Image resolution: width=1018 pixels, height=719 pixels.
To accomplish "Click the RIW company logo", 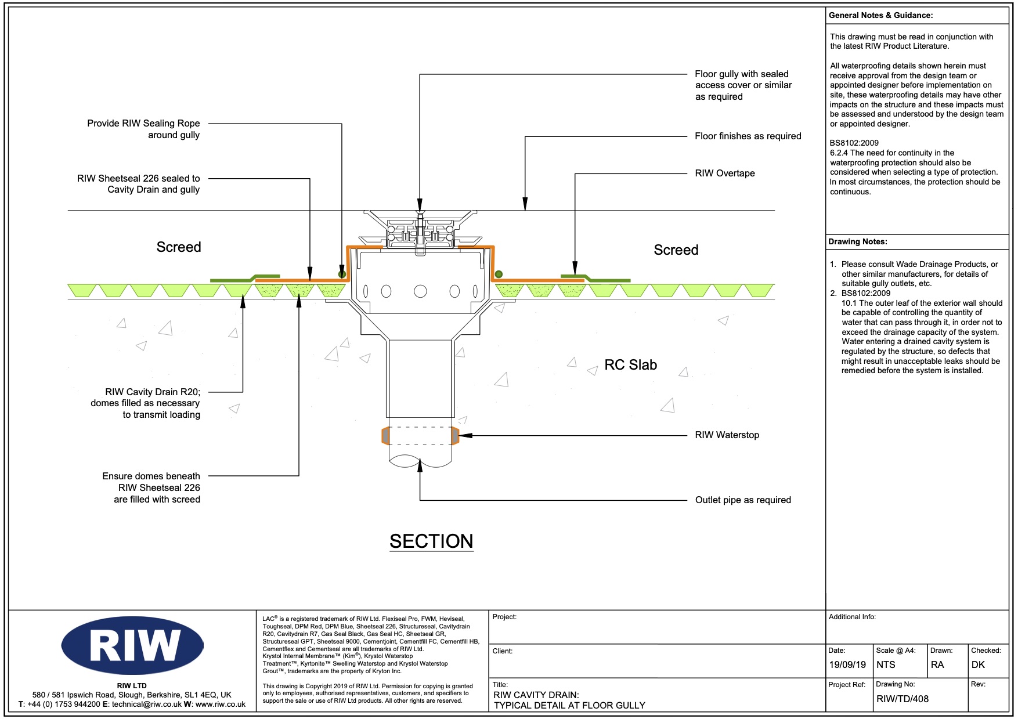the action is click(x=132, y=645).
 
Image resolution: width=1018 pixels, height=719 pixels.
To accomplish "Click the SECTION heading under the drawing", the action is click(x=431, y=541).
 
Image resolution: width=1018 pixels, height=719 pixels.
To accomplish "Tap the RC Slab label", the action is click(x=630, y=365).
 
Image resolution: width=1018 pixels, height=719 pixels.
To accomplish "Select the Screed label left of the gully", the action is click(x=179, y=247).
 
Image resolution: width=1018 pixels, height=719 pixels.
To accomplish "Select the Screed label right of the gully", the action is click(x=676, y=250).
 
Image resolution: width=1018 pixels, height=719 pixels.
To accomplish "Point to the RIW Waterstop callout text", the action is click(x=727, y=435).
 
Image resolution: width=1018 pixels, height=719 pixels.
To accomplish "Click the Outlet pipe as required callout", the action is click(x=743, y=500).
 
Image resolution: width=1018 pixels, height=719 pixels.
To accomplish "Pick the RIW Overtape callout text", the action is click(x=725, y=174).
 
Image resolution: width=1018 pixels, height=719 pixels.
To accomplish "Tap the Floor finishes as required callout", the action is click(x=748, y=136).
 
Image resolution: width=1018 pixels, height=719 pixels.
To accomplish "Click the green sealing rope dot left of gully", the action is click(x=342, y=274).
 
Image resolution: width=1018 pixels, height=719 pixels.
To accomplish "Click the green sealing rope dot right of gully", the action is click(x=499, y=274).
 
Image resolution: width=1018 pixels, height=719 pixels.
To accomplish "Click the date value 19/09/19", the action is click(x=847, y=665).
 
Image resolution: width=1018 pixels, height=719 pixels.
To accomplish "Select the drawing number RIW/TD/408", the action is click(x=903, y=699).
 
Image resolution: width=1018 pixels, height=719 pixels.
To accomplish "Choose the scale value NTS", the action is click(x=886, y=665).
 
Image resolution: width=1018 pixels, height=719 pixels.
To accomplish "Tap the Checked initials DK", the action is click(x=978, y=665).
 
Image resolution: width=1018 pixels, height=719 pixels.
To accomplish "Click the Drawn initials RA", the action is click(x=937, y=665).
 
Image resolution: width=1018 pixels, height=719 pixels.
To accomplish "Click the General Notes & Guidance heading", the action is click(x=880, y=16).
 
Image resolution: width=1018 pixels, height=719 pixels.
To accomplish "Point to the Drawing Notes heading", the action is click(x=857, y=242).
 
